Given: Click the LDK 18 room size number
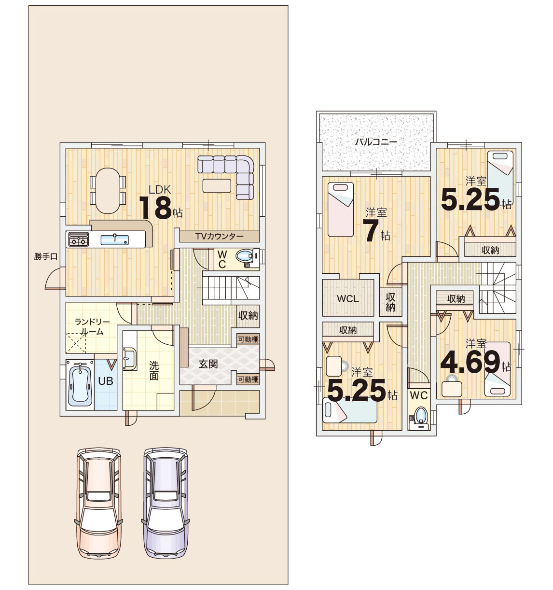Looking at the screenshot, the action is (156, 208).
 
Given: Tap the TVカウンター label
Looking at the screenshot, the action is (220, 237).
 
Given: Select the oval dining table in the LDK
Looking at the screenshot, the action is (108, 191).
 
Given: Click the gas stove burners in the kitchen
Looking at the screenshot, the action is (78, 239).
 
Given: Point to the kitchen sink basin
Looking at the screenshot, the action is (115, 240).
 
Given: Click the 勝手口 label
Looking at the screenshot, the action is (45, 256).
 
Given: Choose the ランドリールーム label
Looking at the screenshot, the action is (92, 327).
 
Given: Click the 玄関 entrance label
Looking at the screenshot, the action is (208, 364).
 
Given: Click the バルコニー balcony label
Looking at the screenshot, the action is (376, 142).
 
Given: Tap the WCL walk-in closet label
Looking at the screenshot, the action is (348, 298).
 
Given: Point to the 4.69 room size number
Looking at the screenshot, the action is (470, 362).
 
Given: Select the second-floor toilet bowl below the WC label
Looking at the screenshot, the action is (420, 415).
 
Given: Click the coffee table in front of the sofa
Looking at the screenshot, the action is (217, 186).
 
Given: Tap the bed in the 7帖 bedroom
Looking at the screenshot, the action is (341, 209).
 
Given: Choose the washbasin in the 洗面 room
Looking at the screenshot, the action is (129, 359).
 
